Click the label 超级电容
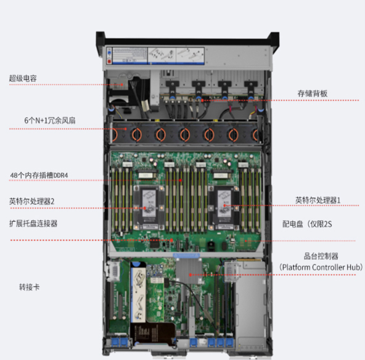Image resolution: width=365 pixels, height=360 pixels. pyautogui.click(x=23, y=78)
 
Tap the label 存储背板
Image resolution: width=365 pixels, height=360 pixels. pyautogui.click(x=313, y=93)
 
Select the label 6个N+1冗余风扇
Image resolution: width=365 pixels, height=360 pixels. pyautogui.click(x=50, y=120)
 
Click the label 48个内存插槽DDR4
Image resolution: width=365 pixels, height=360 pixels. pyautogui.click(x=39, y=175)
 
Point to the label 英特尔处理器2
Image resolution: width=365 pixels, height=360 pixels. pyautogui.click(x=31, y=201)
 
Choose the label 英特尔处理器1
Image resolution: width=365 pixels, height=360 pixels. pyautogui.click(x=318, y=200)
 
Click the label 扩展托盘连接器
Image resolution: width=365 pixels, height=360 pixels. pyautogui.click(x=33, y=223)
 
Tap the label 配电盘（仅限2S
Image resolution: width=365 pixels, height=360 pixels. pyautogui.click(x=307, y=224)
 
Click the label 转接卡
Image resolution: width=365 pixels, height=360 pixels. pyautogui.click(x=30, y=287)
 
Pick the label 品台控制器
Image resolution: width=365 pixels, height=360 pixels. pyautogui.click(x=321, y=256)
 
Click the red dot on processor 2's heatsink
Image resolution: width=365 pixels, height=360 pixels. pyautogui.click(x=144, y=208)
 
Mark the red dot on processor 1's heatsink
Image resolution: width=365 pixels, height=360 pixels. pyautogui.click(x=224, y=205)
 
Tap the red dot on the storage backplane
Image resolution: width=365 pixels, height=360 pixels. pyautogui.click(x=202, y=100)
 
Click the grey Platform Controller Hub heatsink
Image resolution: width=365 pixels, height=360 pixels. pyautogui.click(x=189, y=271)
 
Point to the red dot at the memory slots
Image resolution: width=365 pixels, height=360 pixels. pyautogui.click(x=180, y=180)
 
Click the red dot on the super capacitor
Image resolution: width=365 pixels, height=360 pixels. pyautogui.click(x=121, y=84)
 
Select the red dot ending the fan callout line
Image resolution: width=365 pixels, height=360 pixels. pyautogui.click(x=126, y=129)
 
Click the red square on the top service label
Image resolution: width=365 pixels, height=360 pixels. pyautogui.click(x=109, y=61)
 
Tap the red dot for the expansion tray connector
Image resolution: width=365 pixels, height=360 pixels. pyautogui.click(x=171, y=240)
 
